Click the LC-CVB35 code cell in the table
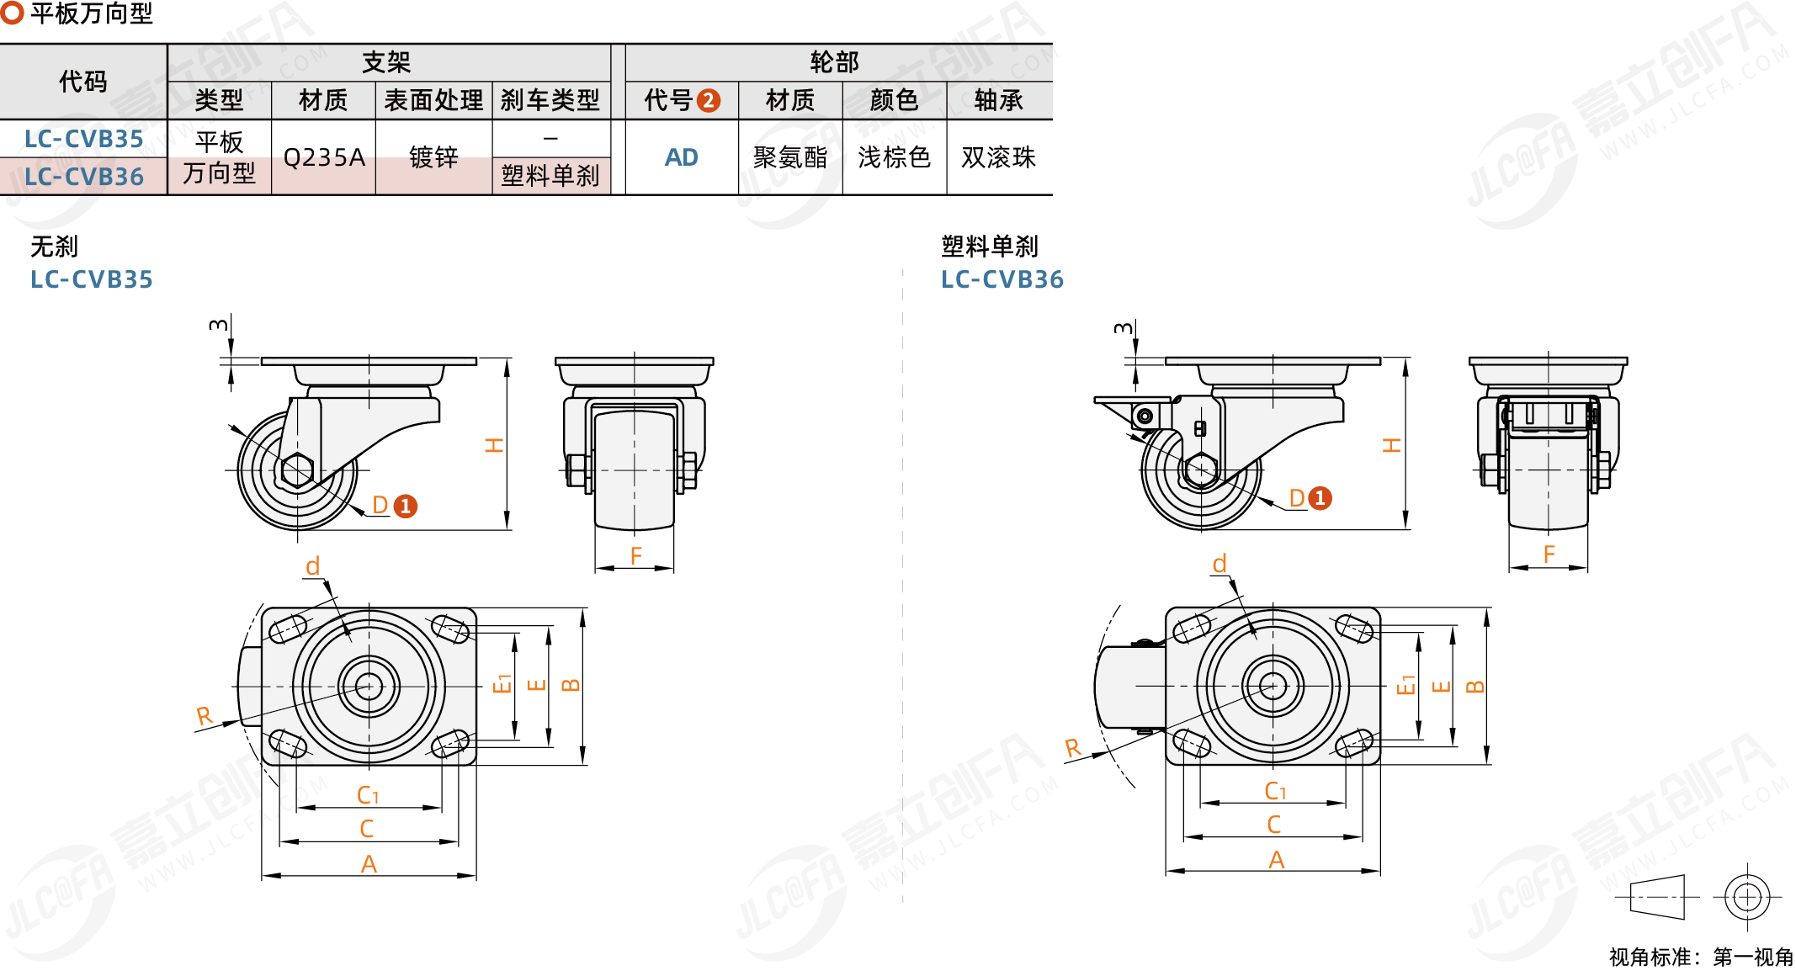click(83, 139)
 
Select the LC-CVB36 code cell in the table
click(83, 177)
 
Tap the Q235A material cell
click(324, 157)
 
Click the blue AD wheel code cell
click(682, 157)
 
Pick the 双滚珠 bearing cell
click(998, 157)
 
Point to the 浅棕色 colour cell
click(894, 157)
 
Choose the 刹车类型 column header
click(550, 101)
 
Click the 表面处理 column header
click(433, 101)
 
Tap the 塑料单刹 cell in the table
click(550, 176)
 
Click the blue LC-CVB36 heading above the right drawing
click(1002, 279)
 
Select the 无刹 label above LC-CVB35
click(54, 247)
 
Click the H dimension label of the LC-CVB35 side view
click(494, 445)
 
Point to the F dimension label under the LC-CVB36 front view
click(1549, 554)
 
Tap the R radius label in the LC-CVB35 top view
click(204, 716)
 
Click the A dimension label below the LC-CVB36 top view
click(1276, 860)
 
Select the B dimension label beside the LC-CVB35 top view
click(570, 685)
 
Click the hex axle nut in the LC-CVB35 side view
click(297, 470)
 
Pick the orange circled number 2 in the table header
click(709, 101)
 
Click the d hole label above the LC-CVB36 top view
click(1219, 564)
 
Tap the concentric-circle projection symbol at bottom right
click(1747, 897)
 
